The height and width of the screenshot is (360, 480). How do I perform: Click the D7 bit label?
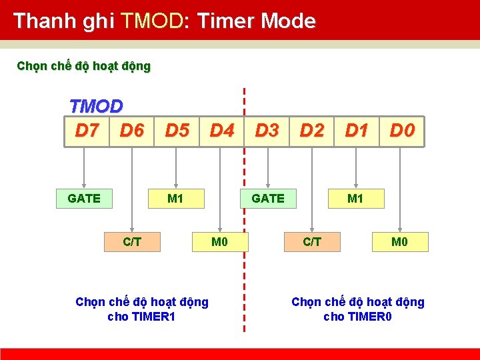pos(87,130)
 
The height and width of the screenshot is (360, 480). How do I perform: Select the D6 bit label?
pos(132,130)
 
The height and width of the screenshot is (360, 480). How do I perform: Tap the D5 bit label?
pos(177,130)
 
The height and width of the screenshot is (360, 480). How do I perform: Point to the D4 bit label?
pos(222,130)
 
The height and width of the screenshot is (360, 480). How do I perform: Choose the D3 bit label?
pos(267,130)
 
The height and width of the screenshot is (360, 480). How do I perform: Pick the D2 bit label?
pos(312,130)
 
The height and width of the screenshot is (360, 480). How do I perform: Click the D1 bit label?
pos(357,130)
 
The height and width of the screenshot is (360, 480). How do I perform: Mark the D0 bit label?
pos(402,130)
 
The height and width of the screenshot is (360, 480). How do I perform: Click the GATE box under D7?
pos(84,198)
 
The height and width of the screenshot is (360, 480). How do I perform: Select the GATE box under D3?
pos(268,198)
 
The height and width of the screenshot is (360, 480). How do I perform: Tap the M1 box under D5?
pos(175,198)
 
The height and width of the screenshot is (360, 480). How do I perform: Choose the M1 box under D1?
pos(355,198)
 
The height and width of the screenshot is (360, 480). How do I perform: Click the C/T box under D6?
pos(132,241)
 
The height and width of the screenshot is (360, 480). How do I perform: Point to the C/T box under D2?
pos(312,241)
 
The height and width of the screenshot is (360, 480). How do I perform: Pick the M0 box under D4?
pos(219,241)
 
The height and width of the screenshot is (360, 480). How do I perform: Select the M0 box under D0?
pos(399,241)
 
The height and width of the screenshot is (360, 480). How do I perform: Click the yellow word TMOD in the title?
pos(151,21)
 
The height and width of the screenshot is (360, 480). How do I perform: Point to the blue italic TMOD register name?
pos(96,107)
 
